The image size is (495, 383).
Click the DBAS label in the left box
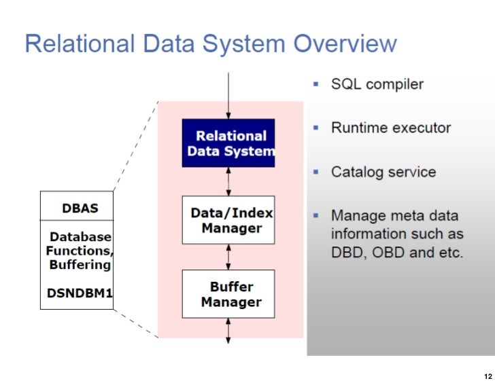(x=80, y=208)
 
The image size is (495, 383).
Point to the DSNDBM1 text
(x=80, y=294)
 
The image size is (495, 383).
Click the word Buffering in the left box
(x=80, y=264)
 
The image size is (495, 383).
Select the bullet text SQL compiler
(x=377, y=84)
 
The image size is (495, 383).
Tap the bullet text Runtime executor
(x=390, y=128)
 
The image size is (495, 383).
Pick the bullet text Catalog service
(x=383, y=172)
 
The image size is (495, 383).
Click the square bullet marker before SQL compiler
(x=315, y=84)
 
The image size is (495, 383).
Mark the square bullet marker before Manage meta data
(x=315, y=215)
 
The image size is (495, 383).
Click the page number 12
(x=486, y=376)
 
